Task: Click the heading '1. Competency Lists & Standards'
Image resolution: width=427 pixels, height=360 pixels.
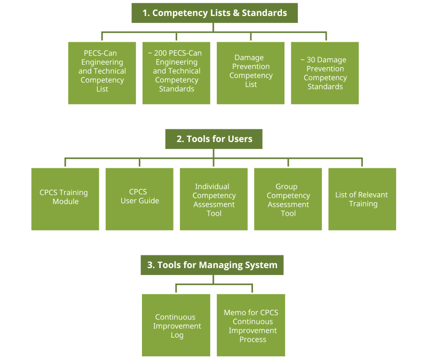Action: tap(214, 13)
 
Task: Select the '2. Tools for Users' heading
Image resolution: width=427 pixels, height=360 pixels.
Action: tap(214, 139)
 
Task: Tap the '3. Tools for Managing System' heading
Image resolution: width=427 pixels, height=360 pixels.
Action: tap(212, 265)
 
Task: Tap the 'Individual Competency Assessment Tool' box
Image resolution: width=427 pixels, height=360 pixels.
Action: tap(214, 199)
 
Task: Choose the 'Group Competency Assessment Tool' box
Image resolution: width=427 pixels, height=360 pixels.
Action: tap(288, 199)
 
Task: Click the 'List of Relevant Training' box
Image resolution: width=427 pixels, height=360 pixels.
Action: tap(362, 199)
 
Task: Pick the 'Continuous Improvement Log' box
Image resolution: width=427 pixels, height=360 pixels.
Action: tap(177, 325)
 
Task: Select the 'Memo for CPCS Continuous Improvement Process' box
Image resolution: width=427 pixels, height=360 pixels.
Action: tap(251, 325)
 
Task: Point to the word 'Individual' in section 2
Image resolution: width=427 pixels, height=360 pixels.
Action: tap(212, 186)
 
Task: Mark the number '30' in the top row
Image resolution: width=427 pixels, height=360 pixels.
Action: tap(311, 60)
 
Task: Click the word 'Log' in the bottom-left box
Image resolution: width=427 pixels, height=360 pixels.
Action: tap(177, 335)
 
